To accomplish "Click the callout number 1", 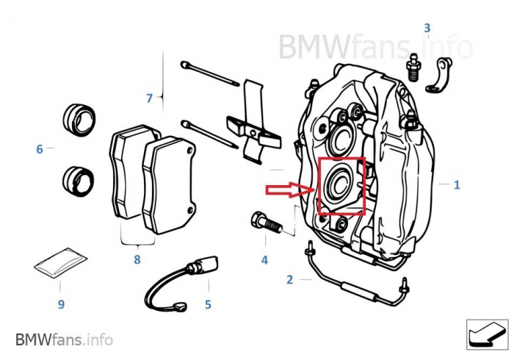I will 457,185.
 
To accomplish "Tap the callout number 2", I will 289,279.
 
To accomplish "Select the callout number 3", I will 426,29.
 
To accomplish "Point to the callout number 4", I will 264,259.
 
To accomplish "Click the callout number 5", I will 208,303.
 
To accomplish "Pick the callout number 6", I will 40,149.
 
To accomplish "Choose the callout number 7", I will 149,98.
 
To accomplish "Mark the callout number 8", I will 137,259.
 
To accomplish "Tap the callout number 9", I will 61,303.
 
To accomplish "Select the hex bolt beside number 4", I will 264,222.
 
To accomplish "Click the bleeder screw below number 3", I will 413,65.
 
